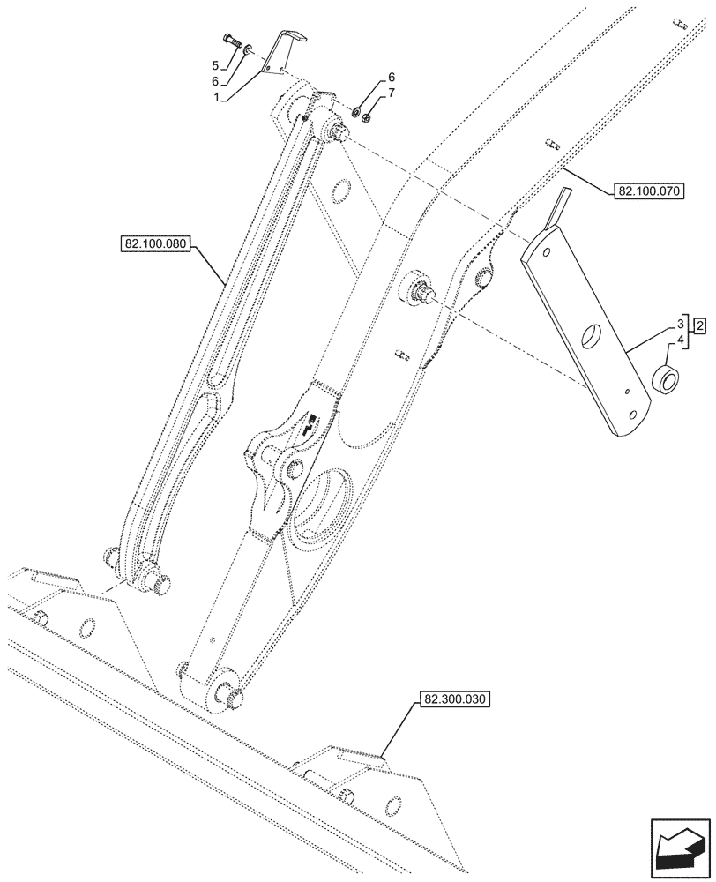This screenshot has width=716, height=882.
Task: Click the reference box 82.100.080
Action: (153, 244)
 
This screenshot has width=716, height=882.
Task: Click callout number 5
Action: (215, 65)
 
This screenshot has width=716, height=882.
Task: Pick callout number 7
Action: (392, 93)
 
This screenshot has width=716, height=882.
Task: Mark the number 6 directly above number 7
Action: (392, 77)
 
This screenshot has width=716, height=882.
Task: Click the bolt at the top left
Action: (233, 41)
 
